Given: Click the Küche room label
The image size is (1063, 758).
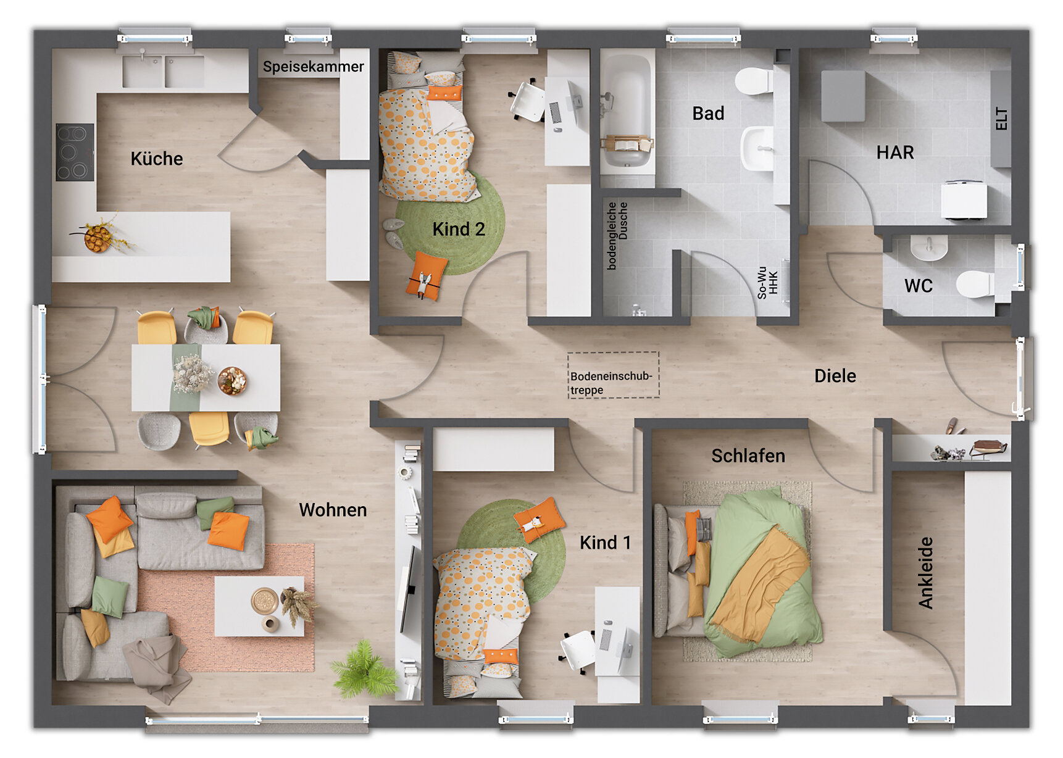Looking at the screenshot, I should [x=156, y=159].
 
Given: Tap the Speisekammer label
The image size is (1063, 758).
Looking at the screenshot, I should [x=313, y=67].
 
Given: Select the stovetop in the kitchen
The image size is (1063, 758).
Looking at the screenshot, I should [x=75, y=152].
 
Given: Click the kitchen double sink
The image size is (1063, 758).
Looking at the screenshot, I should [x=163, y=72].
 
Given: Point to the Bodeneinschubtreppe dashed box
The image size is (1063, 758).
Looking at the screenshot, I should [x=613, y=375].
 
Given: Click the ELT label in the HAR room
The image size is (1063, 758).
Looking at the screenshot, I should [x=1001, y=119].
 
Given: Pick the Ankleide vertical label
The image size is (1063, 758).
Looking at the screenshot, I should [x=925, y=572].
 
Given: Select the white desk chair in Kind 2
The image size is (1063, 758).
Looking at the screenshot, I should [x=527, y=101].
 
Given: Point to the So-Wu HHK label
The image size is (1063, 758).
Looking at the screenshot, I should [x=767, y=282].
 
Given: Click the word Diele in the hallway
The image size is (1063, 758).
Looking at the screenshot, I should [x=835, y=376].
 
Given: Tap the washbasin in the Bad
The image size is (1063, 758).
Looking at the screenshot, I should [x=757, y=148].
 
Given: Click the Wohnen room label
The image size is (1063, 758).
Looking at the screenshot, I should [x=333, y=510].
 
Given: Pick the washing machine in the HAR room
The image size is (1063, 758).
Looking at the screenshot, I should [x=964, y=199].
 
